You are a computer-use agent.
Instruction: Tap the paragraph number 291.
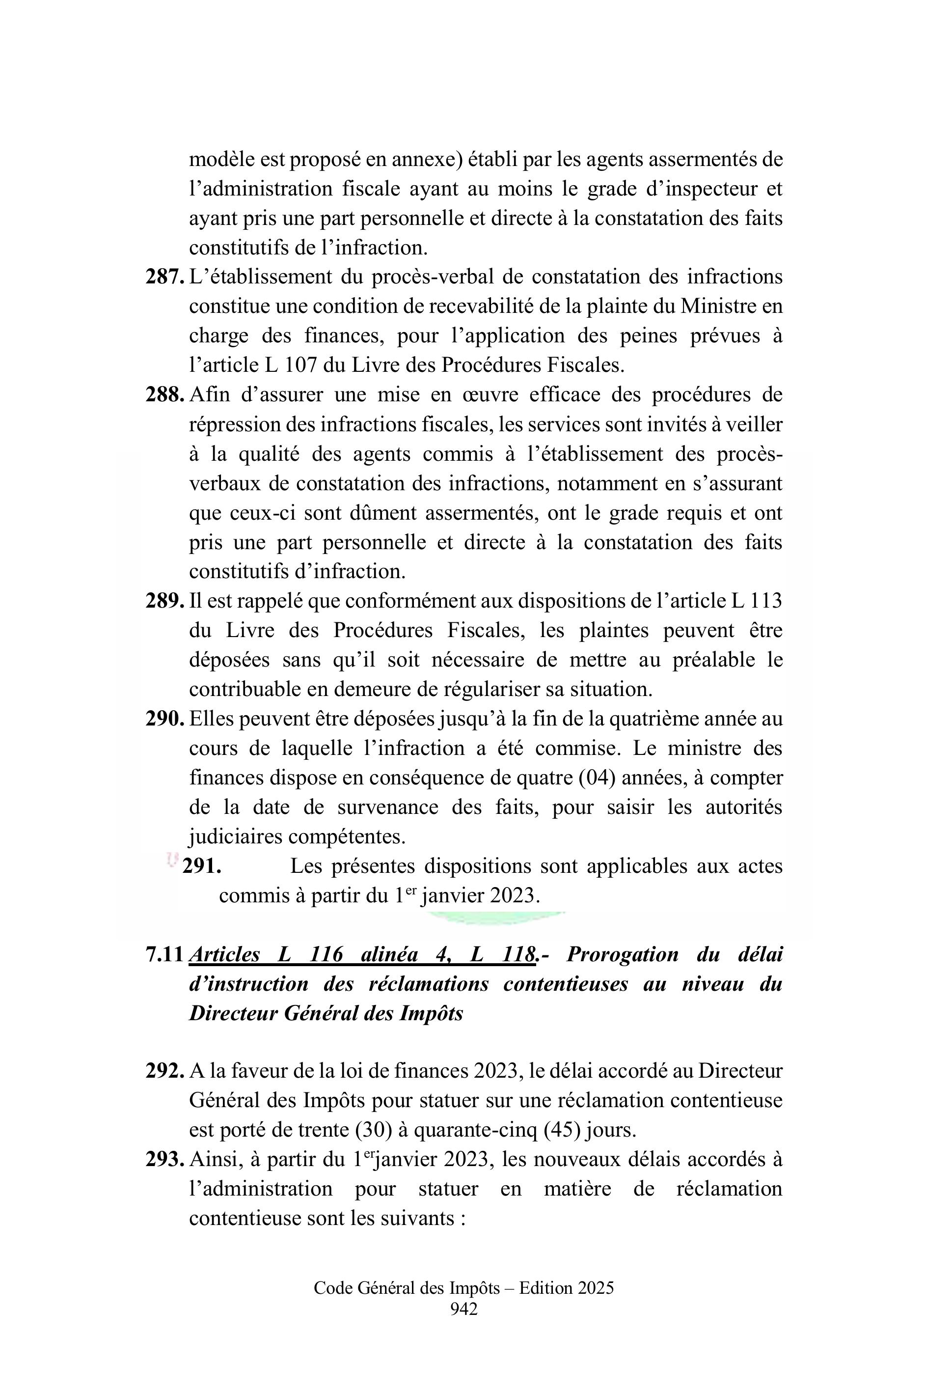pyautogui.click(x=202, y=866)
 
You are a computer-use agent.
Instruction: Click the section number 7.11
pyautogui.click(x=165, y=954)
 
